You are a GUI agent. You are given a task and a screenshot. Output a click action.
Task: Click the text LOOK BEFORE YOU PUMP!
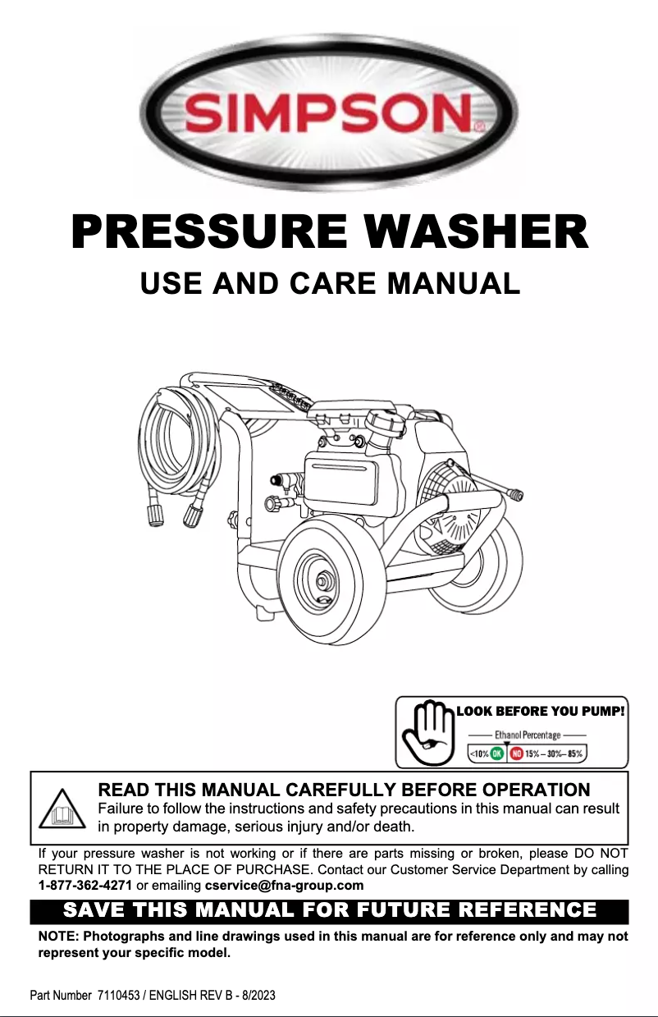click(x=541, y=712)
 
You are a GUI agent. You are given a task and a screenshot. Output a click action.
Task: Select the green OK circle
click(x=497, y=753)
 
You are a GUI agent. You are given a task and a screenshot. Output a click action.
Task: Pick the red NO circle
click(x=518, y=753)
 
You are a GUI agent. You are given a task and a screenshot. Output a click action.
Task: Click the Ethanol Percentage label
click(x=527, y=735)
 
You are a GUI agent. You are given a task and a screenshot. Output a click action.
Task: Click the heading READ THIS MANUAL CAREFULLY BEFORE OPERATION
click(x=343, y=790)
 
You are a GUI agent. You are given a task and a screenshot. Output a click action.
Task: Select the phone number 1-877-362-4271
click(x=85, y=886)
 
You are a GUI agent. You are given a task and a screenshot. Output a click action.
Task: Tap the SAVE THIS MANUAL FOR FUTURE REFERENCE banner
click(x=329, y=911)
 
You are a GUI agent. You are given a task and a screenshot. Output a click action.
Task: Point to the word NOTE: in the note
click(x=60, y=937)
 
